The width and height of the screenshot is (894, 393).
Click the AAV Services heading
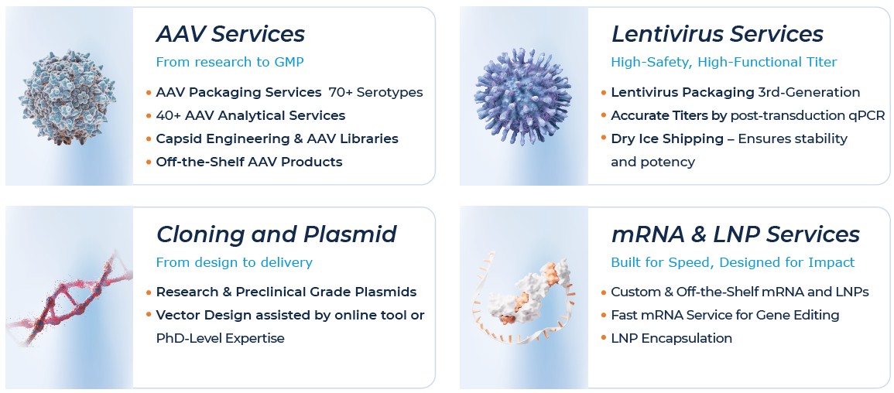[x=230, y=34]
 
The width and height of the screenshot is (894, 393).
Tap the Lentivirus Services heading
[x=717, y=34]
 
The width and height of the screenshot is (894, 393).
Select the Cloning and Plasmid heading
[x=276, y=234]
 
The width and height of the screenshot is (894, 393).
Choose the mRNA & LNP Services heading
[x=735, y=234]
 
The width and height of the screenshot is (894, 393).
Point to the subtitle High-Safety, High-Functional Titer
[x=723, y=62]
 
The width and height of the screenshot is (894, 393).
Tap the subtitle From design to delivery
[x=234, y=262]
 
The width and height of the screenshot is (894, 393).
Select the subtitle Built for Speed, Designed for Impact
[x=732, y=262]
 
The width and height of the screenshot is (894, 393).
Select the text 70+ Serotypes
[x=375, y=93]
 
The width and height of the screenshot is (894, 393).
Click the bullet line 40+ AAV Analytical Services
[x=250, y=116]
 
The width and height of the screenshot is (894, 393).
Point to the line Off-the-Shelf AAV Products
[x=248, y=162]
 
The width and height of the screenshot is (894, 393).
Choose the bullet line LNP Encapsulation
[x=671, y=338]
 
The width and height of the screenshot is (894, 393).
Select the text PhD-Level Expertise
[x=220, y=338]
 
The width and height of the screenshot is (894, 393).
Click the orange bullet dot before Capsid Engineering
[x=149, y=139]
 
